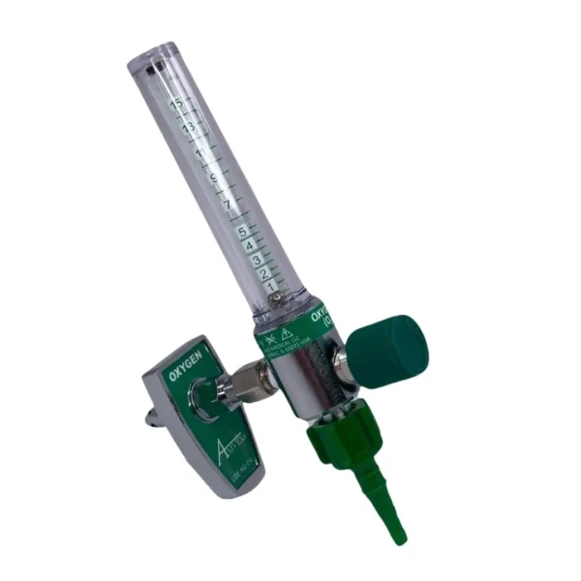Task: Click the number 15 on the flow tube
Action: pyautogui.click(x=175, y=100)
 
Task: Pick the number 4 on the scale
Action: pyautogui.click(x=250, y=246)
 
